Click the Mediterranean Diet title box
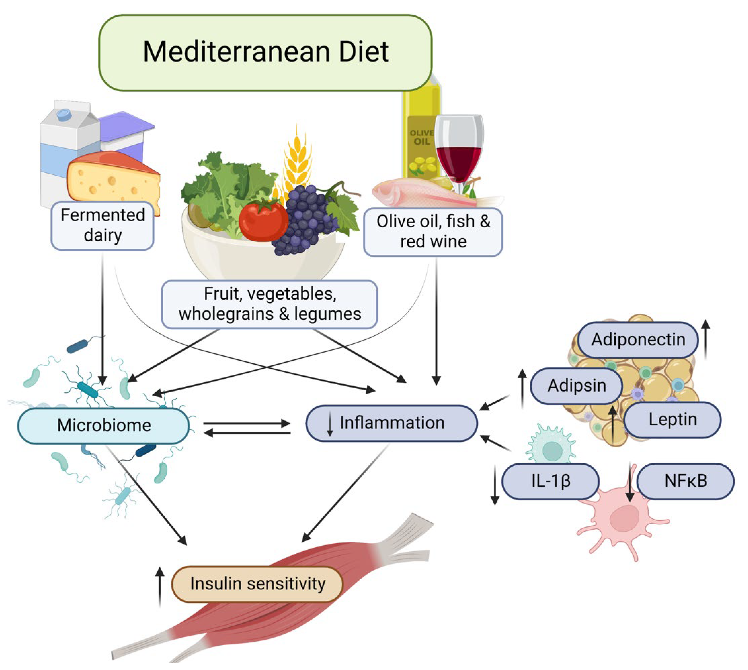click(265, 52)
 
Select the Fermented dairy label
click(102, 225)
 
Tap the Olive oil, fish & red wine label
click(433, 232)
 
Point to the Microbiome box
click(104, 425)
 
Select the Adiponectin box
click(638, 339)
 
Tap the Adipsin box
click(576, 386)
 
